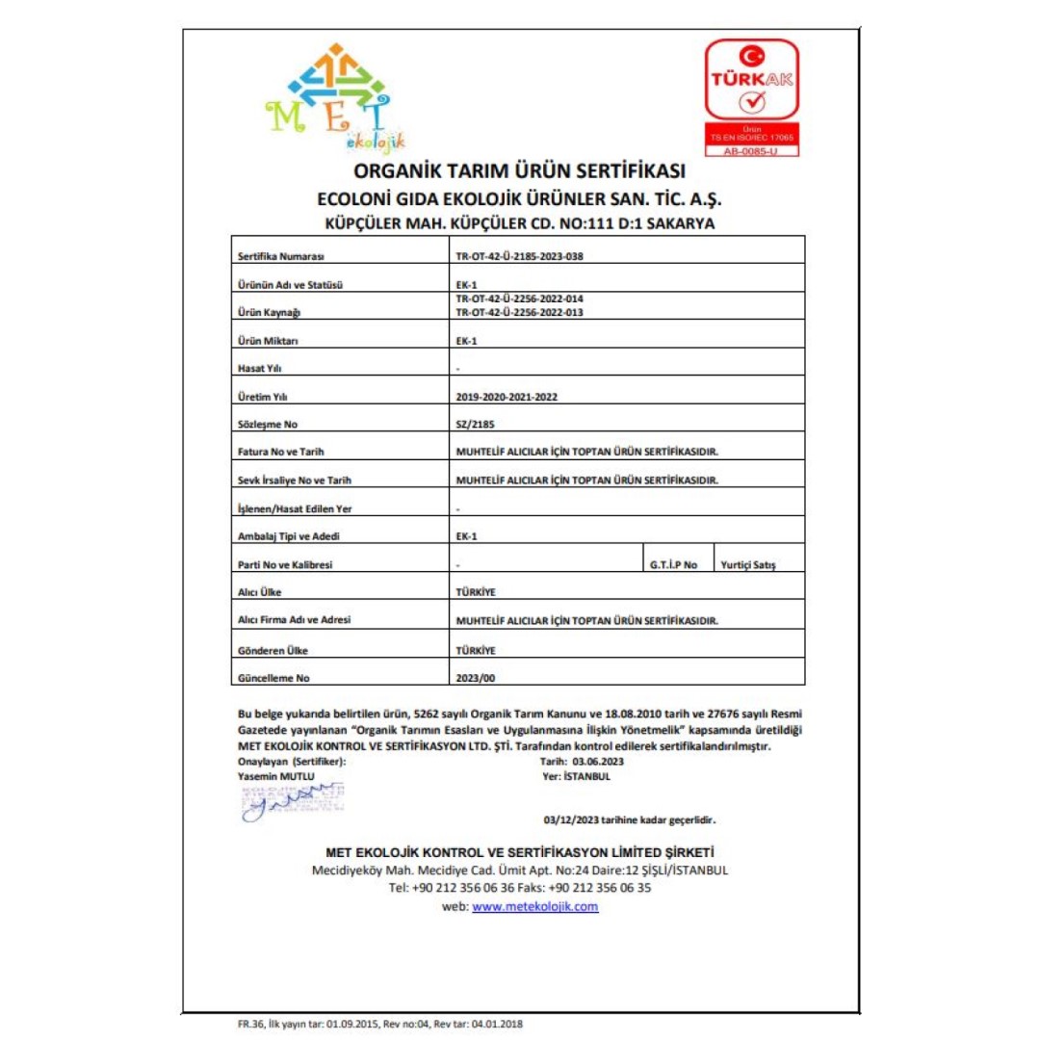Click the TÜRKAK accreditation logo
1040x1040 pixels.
pyautogui.click(x=752, y=96)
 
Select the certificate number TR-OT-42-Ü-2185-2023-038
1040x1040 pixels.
pyautogui.click(x=520, y=257)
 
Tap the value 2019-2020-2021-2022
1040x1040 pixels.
pyautogui.click(x=507, y=396)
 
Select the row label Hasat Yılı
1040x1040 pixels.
pyautogui.click(x=259, y=368)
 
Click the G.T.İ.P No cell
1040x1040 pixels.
pyautogui.click(x=674, y=565)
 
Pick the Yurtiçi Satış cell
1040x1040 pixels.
pyautogui.click(x=748, y=565)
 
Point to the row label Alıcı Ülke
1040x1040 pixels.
pyautogui.click(x=259, y=592)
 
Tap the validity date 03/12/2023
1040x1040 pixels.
pyautogui.click(x=571, y=821)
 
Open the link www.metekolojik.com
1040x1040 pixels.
pyautogui.click(x=535, y=906)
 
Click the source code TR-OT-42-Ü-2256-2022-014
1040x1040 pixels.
pyautogui.click(x=520, y=299)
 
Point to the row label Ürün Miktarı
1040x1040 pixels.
pyautogui.click(x=268, y=341)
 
